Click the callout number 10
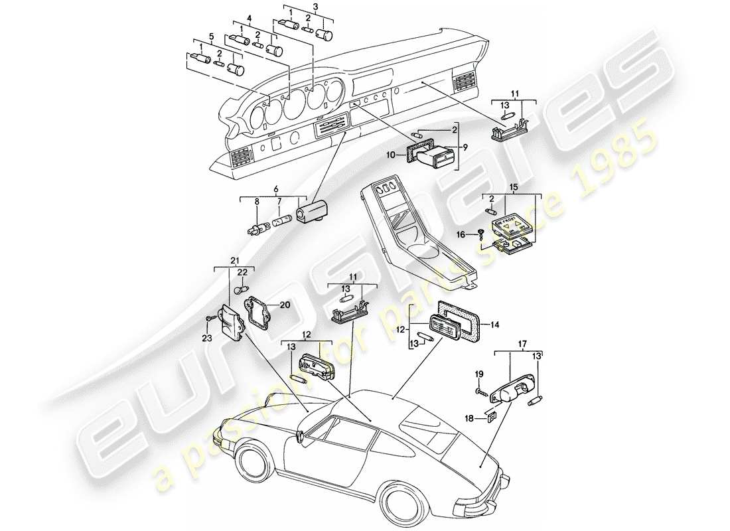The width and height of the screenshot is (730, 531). click(391, 155)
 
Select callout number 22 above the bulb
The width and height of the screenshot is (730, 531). click(242, 273)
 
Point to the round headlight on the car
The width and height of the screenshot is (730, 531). click(301, 436)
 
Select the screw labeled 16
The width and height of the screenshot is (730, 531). click(479, 231)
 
